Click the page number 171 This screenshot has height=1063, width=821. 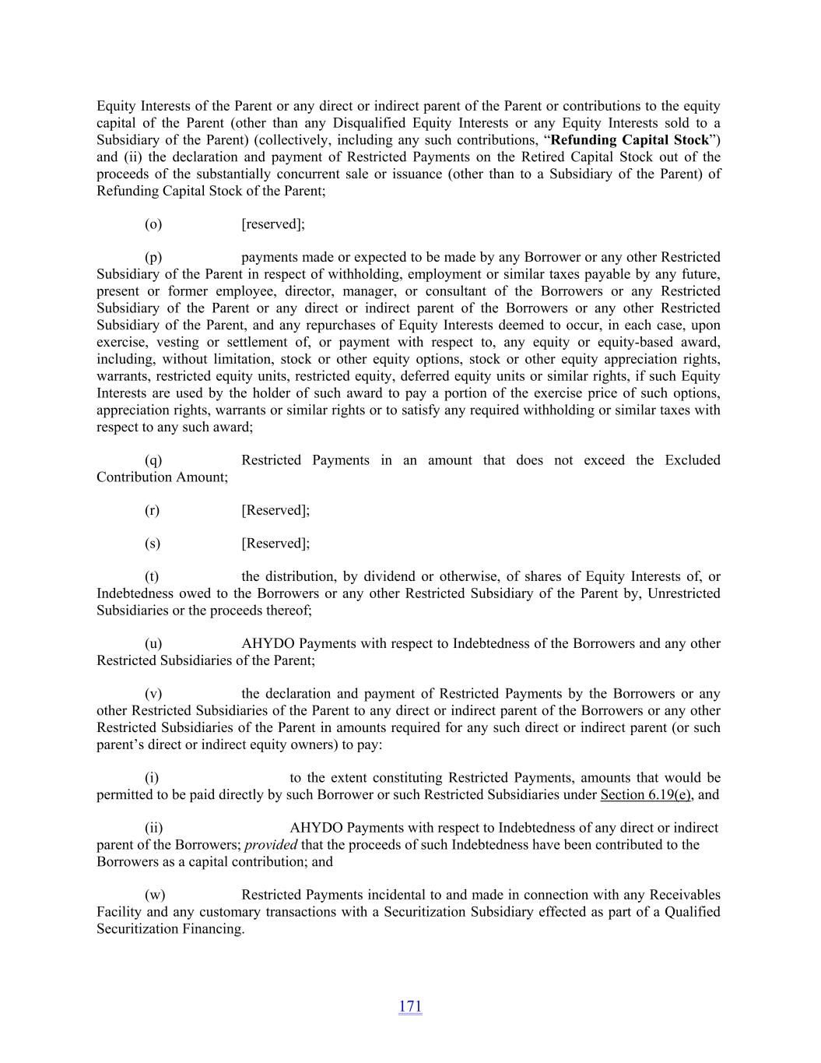point(410,1006)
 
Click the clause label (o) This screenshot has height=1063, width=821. point(153,224)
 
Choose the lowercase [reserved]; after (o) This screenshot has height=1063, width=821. point(273,224)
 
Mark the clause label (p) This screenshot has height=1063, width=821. point(153,257)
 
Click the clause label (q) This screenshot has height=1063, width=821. point(153,460)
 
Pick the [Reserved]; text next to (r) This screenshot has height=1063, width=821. point(275,511)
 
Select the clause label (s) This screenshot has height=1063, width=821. point(153,544)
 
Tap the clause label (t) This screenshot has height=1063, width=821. point(152,577)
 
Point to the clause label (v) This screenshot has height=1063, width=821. point(153,694)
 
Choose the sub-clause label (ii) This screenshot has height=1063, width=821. point(153,828)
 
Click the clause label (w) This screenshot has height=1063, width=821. point(154,896)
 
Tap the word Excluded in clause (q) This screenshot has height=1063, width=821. point(692,460)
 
